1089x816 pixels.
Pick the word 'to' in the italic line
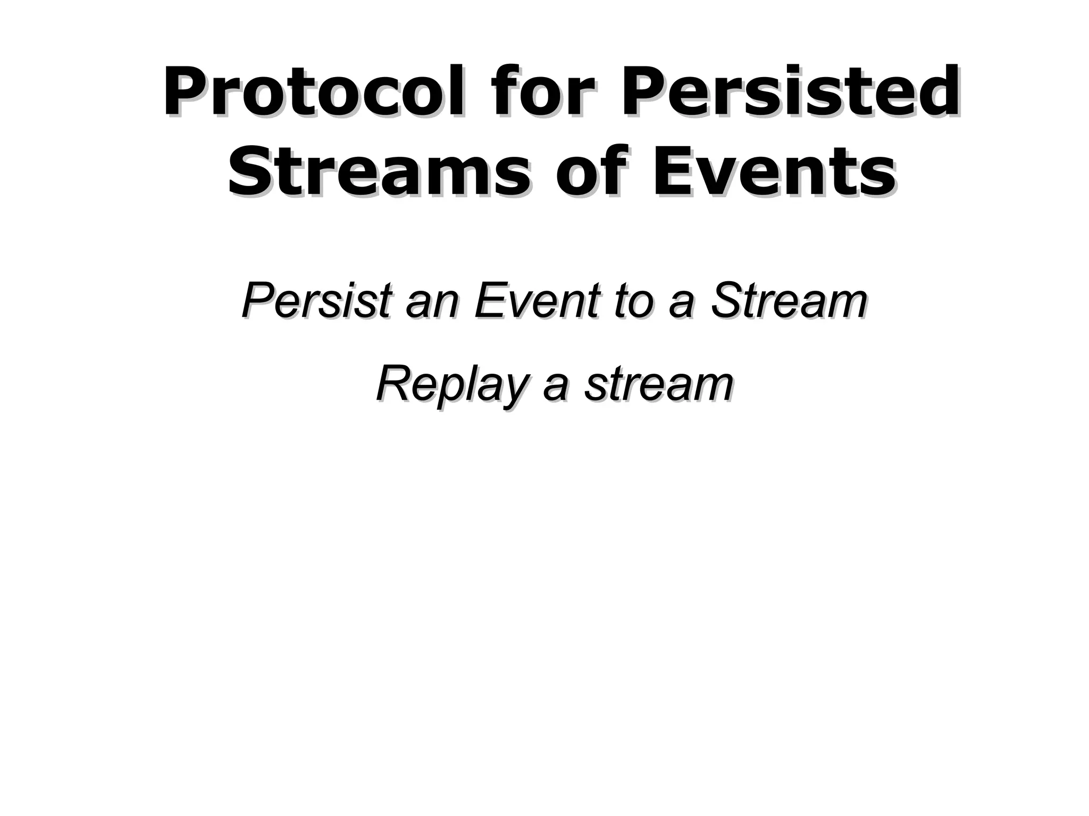click(x=633, y=301)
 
